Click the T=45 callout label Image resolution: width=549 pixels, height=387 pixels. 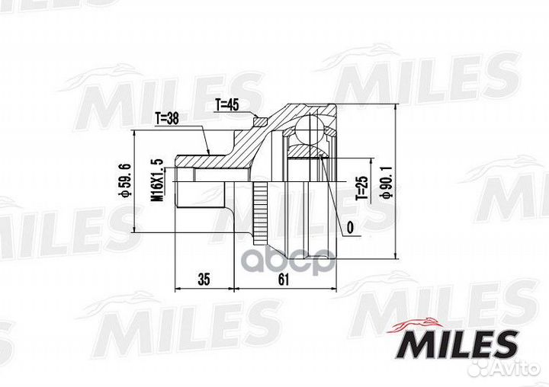coord(227,105)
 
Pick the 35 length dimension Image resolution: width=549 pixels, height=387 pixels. coord(204,279)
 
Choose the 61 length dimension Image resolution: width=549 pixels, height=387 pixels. coord(284,279)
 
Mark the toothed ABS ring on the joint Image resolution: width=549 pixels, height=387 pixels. coord(261,206)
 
